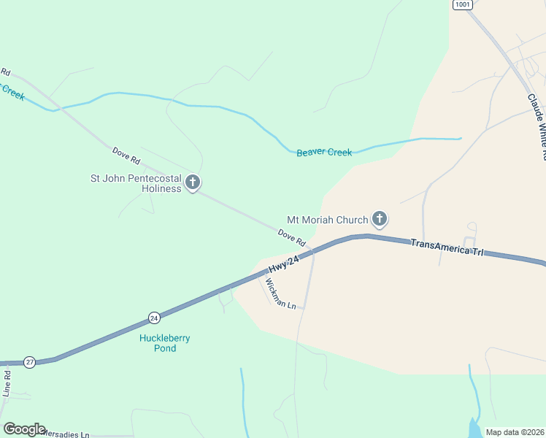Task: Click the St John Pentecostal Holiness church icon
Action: point(193,182)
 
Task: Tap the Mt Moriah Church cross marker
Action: point(380,218)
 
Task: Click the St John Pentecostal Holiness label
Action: point(135,183)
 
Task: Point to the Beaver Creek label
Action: point(324,153)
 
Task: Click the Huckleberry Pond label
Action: point(158,343)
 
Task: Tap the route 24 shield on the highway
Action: point(154,318)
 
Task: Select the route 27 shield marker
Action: point(29,361)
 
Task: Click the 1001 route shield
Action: point(462,4)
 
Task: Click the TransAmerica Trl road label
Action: point(447,246)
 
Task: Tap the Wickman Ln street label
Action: point(281,293)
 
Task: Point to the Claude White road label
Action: point(537,124)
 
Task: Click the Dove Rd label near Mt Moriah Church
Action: point(291,237)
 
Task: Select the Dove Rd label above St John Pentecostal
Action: point(126,155)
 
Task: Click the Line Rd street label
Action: point(7,383)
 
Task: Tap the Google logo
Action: point(24,429)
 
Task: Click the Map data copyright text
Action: point(515,432)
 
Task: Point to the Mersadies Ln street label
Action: point(66,434)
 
